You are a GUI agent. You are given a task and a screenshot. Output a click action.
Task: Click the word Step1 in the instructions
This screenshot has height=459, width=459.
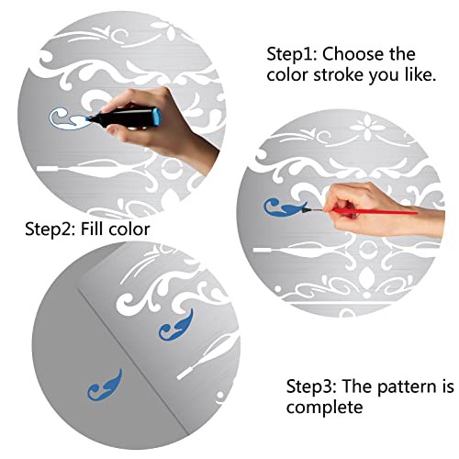click(293, 54)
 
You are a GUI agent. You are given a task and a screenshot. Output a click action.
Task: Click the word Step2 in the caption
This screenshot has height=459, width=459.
click(50, 229)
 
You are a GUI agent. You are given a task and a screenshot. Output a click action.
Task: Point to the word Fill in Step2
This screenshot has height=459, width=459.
click(92, 229)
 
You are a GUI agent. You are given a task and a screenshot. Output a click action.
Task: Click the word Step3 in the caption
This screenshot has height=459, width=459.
click(311, 386)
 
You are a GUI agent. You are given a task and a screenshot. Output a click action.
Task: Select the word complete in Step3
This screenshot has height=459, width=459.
click(325, 408)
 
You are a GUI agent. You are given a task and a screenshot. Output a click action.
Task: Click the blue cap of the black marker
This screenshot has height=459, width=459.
click(157, 117)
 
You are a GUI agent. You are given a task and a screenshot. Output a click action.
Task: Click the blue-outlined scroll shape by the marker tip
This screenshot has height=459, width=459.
click(68, 120)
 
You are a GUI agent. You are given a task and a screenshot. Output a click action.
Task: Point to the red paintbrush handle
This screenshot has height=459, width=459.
click(376, 211)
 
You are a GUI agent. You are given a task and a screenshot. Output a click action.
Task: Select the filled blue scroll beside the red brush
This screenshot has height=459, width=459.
click(284, 207)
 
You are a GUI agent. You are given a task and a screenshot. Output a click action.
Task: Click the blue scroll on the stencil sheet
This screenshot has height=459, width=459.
click(176, 326)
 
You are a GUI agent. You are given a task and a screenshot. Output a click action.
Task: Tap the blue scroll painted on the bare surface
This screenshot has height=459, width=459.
click(105, 386)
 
